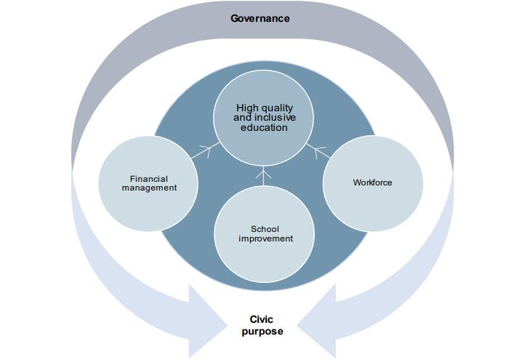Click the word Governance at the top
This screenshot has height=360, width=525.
260,18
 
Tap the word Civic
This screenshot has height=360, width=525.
262,319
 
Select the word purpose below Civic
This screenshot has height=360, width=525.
262,332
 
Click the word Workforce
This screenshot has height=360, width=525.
372,183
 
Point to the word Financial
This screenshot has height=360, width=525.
149,178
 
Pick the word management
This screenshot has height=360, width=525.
149,188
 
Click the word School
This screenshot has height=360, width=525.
264,229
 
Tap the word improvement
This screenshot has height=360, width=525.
264,239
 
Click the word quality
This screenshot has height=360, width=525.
277,108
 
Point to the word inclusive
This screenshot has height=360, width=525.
275,118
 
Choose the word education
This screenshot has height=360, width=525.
264,127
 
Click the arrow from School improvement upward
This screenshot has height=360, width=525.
264,177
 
